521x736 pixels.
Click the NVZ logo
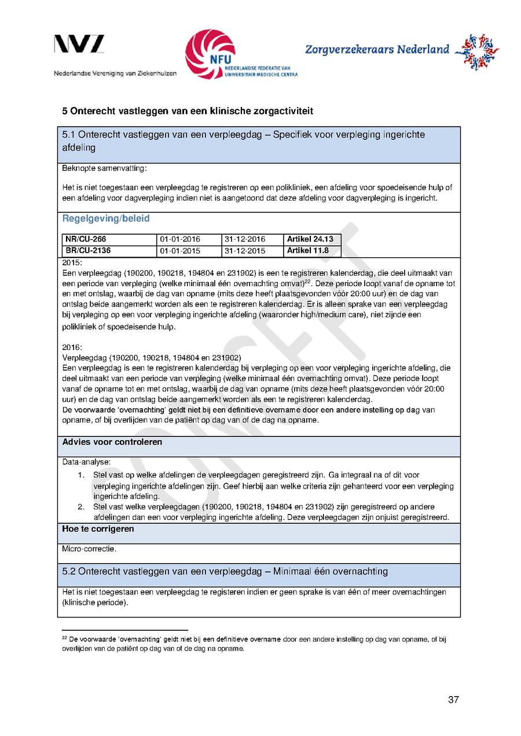point(79,44)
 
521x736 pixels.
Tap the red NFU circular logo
point(210,54)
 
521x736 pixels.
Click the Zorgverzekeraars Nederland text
point(377,50)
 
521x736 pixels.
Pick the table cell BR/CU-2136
point(88,251)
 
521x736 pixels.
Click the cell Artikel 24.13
point(308,239)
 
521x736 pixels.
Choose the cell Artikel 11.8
point(308,251)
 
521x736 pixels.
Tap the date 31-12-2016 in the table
point(245,239)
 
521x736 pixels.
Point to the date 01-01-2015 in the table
point(180,251)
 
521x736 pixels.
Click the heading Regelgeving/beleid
point(106,219)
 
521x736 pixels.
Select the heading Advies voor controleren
point(112,442)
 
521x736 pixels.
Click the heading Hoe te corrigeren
point(98,529)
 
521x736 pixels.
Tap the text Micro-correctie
point(89,549)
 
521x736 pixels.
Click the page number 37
point(453,700)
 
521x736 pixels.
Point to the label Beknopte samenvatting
point(105,169)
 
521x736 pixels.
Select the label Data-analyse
point(86,462)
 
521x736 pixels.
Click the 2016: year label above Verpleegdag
point(72,347)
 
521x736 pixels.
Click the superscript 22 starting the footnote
point(64,638)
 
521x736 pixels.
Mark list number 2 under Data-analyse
point(82,507)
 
